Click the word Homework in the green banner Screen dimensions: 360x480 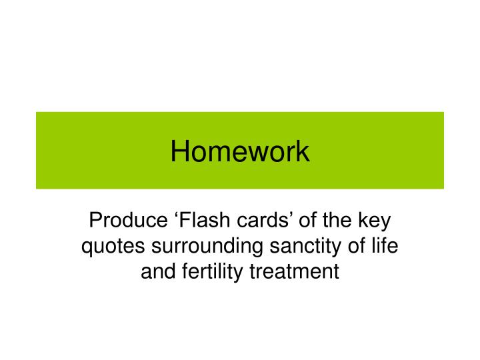click(x=240, y=151)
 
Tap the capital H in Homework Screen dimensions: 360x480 click(x=179, y=151)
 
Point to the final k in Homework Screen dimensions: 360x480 click(x=303, y=151)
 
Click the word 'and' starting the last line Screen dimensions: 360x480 click(x=155, y=272)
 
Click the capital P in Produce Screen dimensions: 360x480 click(x=95, y=220)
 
